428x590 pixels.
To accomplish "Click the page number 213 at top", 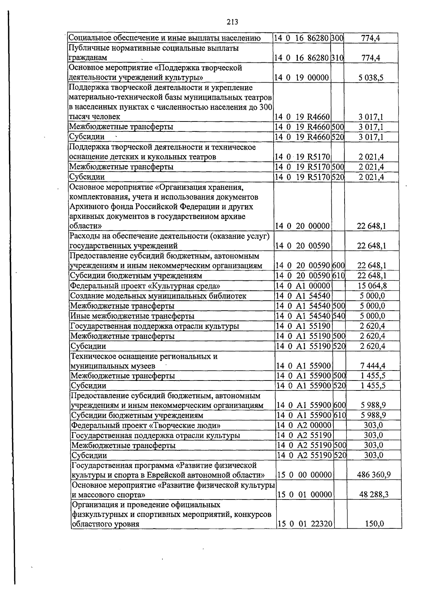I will (x=232, y=22).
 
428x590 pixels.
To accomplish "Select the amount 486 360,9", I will (x=374, y=475).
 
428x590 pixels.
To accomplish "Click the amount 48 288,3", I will (x=374, y=495).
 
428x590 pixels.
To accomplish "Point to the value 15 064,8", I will (x=372, y=286).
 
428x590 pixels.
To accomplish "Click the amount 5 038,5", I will (x=371, y=78).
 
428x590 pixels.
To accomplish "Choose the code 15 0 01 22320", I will (x=305, y=524).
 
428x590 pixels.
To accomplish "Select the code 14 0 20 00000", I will (x=303, y=226).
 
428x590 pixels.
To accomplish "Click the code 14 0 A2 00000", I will (x=304, y=425).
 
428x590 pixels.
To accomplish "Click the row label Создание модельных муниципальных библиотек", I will (x=158, y=296).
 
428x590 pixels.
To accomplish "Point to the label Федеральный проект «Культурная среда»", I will (x=145, y=286).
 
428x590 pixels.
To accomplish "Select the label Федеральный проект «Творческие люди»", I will (x=146, y=425).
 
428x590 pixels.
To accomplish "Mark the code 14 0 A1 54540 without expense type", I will (x=304, y=296).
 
